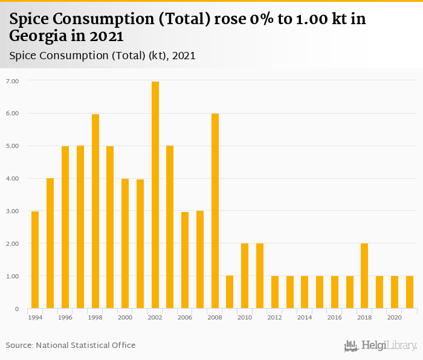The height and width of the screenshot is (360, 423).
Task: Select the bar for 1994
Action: tap(35, 260)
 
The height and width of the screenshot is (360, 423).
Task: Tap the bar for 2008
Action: tap(215, 211)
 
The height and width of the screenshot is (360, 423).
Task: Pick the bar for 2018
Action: tap(364, 276)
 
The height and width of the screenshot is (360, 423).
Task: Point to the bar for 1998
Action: tap(95, 211)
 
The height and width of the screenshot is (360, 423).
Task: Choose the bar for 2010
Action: tap(245, 276)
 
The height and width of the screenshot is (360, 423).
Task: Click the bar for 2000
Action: tap(125, 243)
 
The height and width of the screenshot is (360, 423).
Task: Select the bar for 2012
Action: tap(275, 292)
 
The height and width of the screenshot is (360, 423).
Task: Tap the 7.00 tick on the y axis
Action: tap(13, 81)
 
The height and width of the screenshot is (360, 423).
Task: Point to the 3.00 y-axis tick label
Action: tap(13, 211)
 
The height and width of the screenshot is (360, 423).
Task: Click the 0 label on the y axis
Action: tap(17, 309)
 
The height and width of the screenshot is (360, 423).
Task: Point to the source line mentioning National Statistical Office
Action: tap(71, 345)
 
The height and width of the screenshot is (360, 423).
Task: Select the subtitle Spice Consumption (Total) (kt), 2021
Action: tap(102, 56)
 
